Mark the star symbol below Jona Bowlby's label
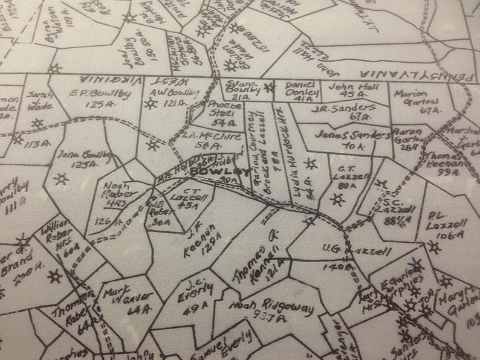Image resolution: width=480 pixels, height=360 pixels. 60,179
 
